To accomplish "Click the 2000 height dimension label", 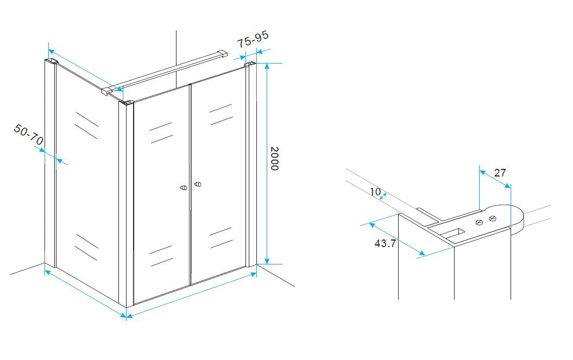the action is point(274,159).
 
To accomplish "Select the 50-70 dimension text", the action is point(29,134).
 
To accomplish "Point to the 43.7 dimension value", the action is point(385,243).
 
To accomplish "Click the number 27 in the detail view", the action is point(500,173).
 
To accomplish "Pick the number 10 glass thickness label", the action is point(375,192).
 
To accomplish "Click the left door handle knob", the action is point(184,187).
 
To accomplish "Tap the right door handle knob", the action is point(198,184).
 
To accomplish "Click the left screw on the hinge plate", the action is point(480,222).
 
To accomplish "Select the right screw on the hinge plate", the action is point(493,219).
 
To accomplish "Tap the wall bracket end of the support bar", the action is point(222,54).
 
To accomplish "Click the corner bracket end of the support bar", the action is point(108,91).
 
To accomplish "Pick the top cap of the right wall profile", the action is point(250,65).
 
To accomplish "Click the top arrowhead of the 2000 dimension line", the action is point(267,66).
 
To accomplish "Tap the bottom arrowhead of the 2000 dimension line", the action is point(267,260).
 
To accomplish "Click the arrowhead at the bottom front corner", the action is point(127,316).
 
